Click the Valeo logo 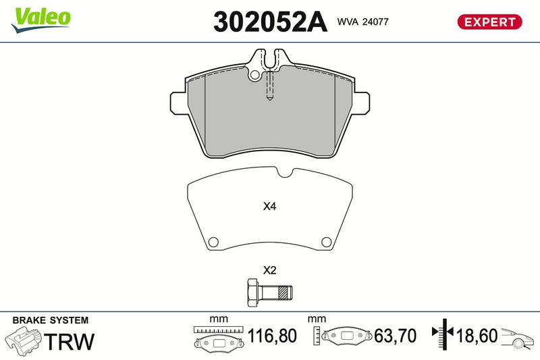pos(40,20)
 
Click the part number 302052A pos(270,22)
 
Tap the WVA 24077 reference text pos(362,22)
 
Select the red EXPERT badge pos(489,22)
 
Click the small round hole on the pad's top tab pos(255,75)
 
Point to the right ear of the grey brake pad pos(360,103)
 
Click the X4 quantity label pos(269,207)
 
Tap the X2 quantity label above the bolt pos(269,270)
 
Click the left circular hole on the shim pos(213,242)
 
